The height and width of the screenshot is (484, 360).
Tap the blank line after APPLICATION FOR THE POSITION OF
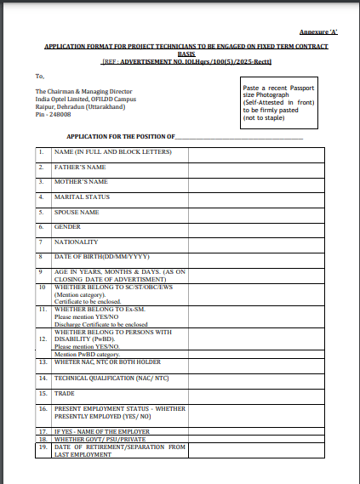point(239,136)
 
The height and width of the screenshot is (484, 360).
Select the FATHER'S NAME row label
point(80,168)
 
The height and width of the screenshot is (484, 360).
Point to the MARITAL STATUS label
point(82,196)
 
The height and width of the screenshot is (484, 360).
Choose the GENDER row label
point(67,227)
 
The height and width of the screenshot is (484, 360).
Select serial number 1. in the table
point(41,152)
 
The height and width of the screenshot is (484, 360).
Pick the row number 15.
point(42,394)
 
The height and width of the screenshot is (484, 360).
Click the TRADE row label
point(65,394)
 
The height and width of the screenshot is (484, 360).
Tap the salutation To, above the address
point(40,76)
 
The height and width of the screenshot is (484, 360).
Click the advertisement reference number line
point(180,61)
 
